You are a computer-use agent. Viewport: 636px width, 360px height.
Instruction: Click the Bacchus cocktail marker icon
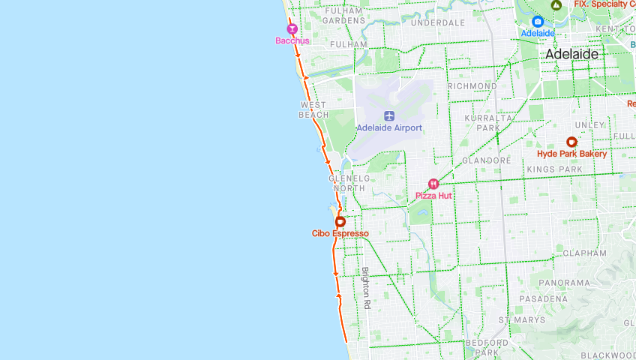pos(292,29)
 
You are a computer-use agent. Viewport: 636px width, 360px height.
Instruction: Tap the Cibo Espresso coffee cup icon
pos(340,222)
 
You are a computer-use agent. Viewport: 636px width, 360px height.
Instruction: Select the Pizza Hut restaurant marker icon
pos(433,184)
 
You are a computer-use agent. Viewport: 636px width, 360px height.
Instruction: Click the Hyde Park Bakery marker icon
pos(571,142)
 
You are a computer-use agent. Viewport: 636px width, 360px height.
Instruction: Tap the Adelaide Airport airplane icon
pos(389,115)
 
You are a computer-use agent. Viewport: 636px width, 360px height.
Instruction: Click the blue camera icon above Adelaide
pos(538,22)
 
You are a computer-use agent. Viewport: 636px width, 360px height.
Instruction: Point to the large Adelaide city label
pos(572,54)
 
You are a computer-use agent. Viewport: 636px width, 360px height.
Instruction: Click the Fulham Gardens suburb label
pos(343,15)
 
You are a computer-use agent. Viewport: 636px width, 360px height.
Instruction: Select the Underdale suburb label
pos(438,23)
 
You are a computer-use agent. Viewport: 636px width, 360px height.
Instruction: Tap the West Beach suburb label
pos(313,109)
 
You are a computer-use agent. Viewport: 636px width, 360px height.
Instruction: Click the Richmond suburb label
pos(472,86)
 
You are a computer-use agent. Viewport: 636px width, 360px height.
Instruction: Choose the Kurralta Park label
pos(487,123)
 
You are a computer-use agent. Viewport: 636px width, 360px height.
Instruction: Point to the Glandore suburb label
pos(486,160)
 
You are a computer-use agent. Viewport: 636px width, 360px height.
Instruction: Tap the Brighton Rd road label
pos(366,288)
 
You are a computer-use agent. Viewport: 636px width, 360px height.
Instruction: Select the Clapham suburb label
pos(583,253)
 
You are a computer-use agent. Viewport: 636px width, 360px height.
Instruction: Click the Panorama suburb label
pos(571,282)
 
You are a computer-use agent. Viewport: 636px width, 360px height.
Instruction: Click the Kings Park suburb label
pos(554,169)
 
